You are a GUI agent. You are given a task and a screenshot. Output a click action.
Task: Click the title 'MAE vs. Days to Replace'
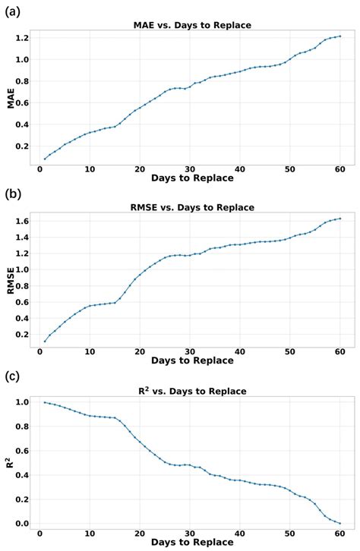click(191, 26)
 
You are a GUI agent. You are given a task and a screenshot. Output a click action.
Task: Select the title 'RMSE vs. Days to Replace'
click(191, 208)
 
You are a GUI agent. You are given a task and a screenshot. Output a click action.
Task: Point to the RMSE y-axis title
click(11, 278)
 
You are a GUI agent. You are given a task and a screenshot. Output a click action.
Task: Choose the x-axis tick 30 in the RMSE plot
click(190, 351)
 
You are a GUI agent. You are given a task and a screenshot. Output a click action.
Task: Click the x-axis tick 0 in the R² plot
click(39, 534)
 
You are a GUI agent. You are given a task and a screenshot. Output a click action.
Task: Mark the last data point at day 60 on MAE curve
click(340, 36)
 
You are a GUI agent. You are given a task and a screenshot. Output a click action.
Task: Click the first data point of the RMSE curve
click(45, 342)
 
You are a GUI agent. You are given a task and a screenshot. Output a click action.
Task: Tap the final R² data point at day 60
click(340, 523)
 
